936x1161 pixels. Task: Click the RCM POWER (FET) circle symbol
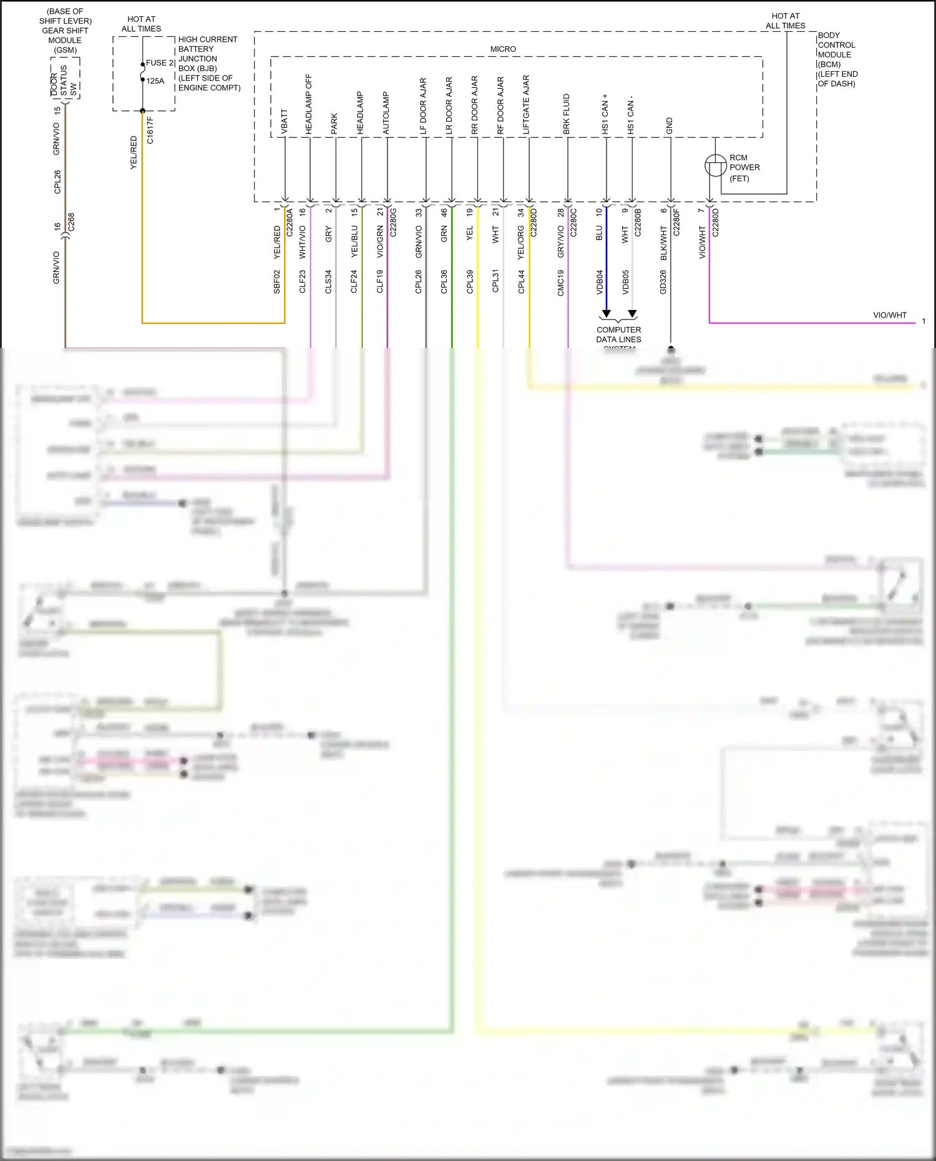[715, 165]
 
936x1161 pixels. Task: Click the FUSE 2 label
[160, 63]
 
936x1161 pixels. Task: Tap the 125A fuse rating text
[155, 81]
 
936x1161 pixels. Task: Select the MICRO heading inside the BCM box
[503, 49]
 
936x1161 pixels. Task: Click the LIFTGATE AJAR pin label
[526, 105]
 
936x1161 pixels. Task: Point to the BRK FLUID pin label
[567, 114]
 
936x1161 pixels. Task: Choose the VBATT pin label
[285, 122]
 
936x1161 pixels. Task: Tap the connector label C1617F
[150, 130]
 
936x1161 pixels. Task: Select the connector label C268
[71, 222]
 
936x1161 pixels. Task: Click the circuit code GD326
[663, 282]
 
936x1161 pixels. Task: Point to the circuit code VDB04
[600, 282]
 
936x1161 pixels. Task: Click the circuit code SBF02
[277, 281]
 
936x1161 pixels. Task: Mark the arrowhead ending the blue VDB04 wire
[606, 314]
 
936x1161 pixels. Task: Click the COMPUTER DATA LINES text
[618, 334]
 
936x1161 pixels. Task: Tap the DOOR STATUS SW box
[65, 79]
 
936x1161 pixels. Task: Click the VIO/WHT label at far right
[889, 315]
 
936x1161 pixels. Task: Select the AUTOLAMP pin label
[386, 113]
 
